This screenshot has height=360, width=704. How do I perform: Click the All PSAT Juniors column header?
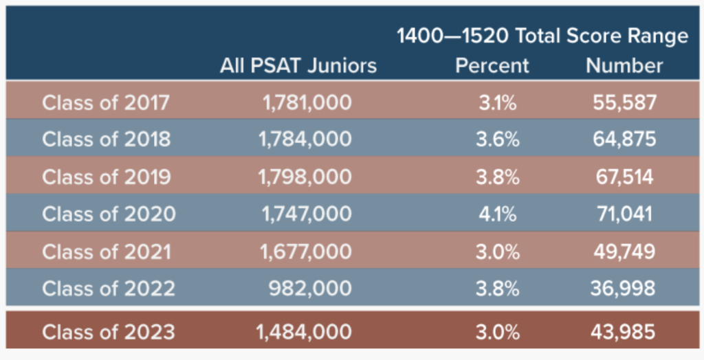(x=298, y=65)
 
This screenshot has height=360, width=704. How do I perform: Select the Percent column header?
(x=492, y=65)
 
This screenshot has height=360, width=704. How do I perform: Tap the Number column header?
(x=624, y=65)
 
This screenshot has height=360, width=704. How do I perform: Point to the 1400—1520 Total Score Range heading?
(x=542, y=36)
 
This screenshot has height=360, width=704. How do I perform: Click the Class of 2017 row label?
(x=106, y=102)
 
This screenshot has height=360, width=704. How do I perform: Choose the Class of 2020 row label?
(x=109, y=214)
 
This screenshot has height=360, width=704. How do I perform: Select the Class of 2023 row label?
(x=109, y=332)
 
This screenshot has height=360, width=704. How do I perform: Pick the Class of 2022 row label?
(x=109, y=288)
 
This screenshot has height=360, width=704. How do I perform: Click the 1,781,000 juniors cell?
(x=307, y=102)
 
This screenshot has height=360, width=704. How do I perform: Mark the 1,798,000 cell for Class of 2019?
(x=305, y=177)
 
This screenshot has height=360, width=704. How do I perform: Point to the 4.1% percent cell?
(x=498, y=214)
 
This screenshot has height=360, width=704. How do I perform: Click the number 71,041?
(x=624, y=214)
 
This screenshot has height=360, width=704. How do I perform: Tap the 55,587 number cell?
(x=624, y=102)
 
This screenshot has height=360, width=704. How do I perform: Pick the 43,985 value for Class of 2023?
(x=624, y=332)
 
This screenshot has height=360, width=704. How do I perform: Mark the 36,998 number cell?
(x=624, y=288)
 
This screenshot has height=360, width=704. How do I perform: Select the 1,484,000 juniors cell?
(x=305, y=332)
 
